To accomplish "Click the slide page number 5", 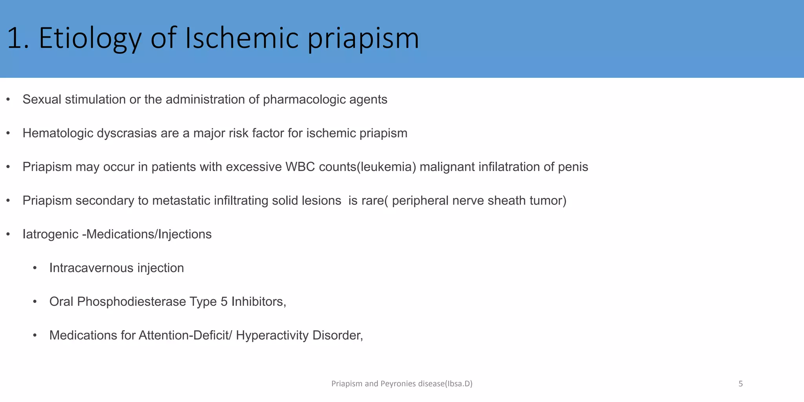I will click(740, 384).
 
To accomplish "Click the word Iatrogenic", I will click(50, 234).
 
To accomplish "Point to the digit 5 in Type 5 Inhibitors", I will click(224, 302).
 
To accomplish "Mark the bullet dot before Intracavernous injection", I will click(35, 268).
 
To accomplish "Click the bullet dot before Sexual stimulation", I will click(8, 100).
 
